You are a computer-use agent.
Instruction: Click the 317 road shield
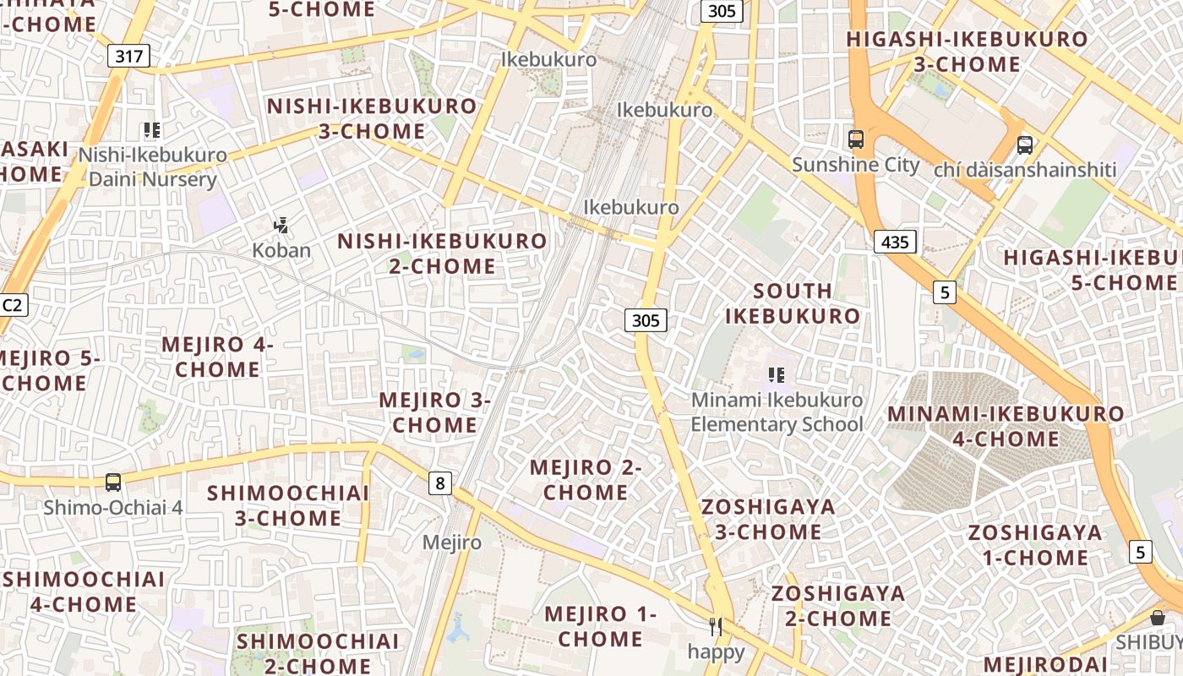tap(129, 57)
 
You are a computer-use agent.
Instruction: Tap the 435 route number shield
tap(895, 243)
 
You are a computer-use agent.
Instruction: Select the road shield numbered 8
tap(439, 483)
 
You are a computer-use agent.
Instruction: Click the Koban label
tap(281, 250)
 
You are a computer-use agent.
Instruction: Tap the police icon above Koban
tap(281, 226)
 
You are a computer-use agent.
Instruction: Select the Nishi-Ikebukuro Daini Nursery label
tap(153, 167)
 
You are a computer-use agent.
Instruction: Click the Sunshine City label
tap(855, 164)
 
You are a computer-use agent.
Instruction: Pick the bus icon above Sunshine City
tap(856, 139)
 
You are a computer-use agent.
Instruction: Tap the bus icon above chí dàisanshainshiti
tap(1025, 145)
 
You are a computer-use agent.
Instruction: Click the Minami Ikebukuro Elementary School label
tap(777, 412)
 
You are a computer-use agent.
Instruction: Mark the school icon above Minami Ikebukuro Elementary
tap(777, 374)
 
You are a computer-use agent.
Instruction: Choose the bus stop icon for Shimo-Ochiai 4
tap(113, 482)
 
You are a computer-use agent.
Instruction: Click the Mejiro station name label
tap(452, 542)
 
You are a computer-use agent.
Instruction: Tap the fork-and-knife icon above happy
tap(716, 627)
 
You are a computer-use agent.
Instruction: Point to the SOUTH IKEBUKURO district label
tap(793, 303)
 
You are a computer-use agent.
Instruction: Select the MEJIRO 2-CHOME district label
tap(586, 479)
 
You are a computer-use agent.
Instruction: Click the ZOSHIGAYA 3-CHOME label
tap(768, 519)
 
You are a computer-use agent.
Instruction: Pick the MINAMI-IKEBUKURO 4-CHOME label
tap(1006, 426)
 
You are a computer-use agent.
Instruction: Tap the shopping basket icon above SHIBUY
tap(1158, 618)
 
